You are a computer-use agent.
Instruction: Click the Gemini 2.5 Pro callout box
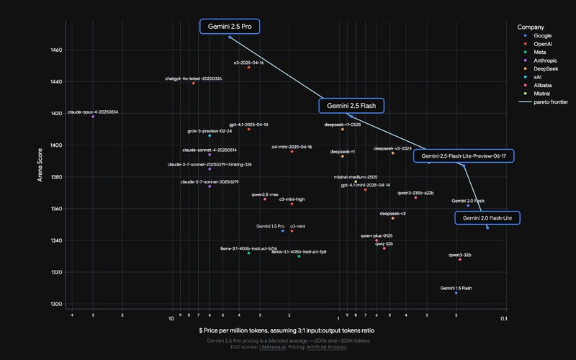[x=230, y=27]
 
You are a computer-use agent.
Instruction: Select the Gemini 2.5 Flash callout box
[x=351, y=106]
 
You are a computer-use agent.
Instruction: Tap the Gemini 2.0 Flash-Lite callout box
[x=487, y=217]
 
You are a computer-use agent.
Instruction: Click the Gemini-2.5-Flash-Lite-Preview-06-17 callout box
[x=464, y=156]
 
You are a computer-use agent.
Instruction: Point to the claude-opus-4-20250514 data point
[x=93, y=117]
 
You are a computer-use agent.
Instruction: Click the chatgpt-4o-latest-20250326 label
[x=193, y=78]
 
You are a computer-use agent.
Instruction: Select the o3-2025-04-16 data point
[x=248, y=68]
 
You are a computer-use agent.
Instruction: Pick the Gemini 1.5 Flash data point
[x=456, y=293]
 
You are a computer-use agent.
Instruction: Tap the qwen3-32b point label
[x=460, y=255]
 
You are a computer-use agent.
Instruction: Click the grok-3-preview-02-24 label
[x=210, y=131]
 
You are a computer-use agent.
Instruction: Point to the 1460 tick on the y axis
[x=57, y=50]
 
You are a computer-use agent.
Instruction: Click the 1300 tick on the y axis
[x=57, y=304]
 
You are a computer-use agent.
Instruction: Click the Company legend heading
[x=531, y=27]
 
